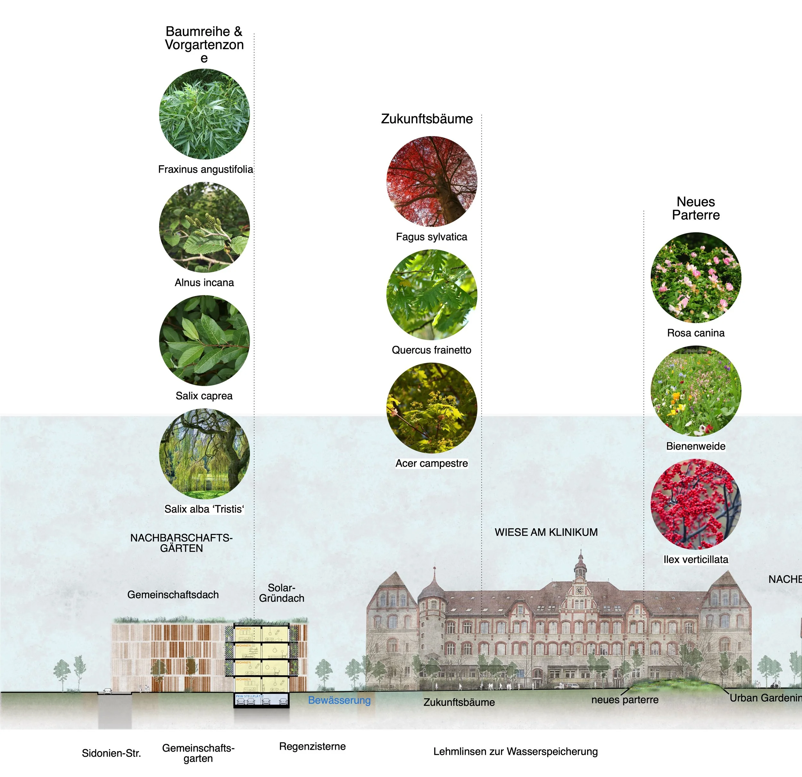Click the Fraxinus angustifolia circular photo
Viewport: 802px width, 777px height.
tap(204, 114)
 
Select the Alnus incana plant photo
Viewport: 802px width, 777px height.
tap(204, 227)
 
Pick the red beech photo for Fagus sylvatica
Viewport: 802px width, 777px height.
tap(432, 181)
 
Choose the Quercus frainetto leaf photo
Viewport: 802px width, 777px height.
tap(432, 295)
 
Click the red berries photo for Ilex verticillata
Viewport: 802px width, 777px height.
tap(695, 504)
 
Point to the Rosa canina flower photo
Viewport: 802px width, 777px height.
tap(695, 278)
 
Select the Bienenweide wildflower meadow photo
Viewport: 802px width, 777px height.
tap(695, 391)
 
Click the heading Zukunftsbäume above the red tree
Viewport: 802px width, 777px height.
tap(427, 119)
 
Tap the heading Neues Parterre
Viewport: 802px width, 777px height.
tap(695, 208)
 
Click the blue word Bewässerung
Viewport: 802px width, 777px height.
tap(339, 700)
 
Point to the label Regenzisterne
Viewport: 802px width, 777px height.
tap(312, 746)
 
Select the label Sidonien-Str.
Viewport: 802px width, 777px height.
tap(111, 753)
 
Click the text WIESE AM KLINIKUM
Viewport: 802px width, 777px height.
tap(546, 532)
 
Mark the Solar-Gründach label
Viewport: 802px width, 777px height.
tap(282, 593)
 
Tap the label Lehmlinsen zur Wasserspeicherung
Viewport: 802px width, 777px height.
tap(516, 752)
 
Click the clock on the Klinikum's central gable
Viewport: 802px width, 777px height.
tap(579, 590)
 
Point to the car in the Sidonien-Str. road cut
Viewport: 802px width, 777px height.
tap(107, 691)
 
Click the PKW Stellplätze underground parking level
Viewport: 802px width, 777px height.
tap(261, 700)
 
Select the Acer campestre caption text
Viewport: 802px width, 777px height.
tap(432, 463)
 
